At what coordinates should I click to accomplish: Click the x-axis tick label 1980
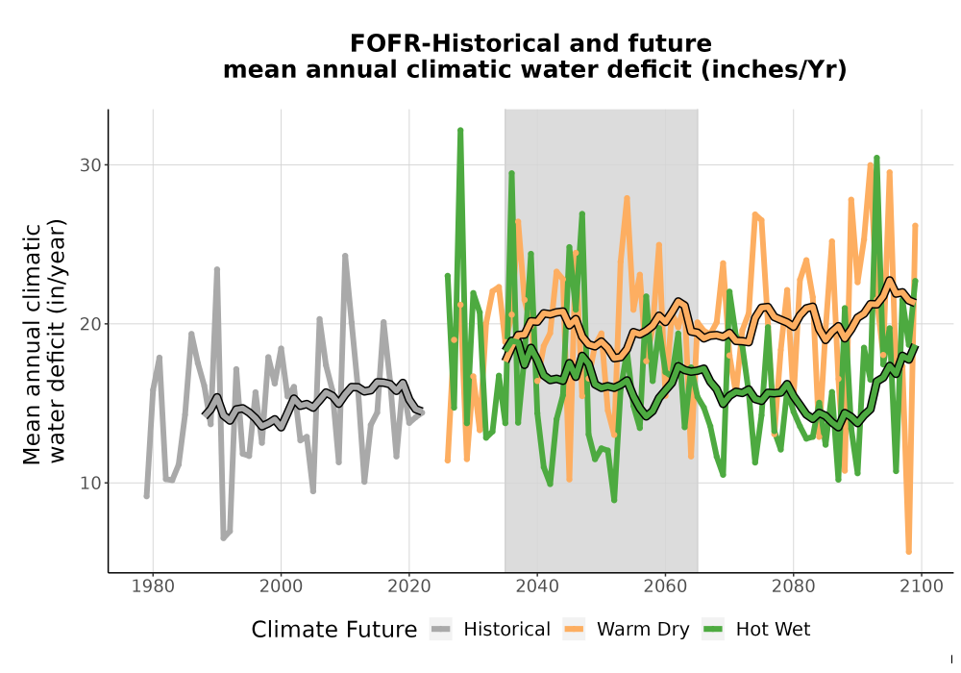[x=153, y=586]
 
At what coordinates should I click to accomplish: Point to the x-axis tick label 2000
[x=281, y=586]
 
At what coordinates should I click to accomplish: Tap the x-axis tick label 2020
[x=408, y=586]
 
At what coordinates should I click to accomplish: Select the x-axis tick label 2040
[x=537, y=586]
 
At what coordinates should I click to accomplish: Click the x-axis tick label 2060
[x=665, y=586]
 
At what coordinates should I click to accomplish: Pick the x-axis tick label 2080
[x=793, y=586]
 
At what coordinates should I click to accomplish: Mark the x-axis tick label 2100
[x=922, y=586]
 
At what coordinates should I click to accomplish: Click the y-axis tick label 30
[x=90, y=164]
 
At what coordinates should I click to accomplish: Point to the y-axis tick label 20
[x=90, y=324]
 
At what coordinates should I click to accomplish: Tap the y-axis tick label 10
[x=90, y=483]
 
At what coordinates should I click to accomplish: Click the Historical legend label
[x=506, y=630]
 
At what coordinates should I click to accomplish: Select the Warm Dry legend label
[x=643, y=630]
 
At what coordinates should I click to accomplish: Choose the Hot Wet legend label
[x=773, y=630]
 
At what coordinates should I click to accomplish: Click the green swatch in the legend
[x=713, y=629]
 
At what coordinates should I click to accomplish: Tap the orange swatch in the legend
[x=574, y=629]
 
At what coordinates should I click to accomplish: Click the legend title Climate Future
[x=334, y=630]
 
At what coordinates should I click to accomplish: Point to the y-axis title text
[x=44, y=343]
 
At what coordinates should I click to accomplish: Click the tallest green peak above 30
[x=460, y=130]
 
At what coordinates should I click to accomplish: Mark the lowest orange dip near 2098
[x=909, y=552]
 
